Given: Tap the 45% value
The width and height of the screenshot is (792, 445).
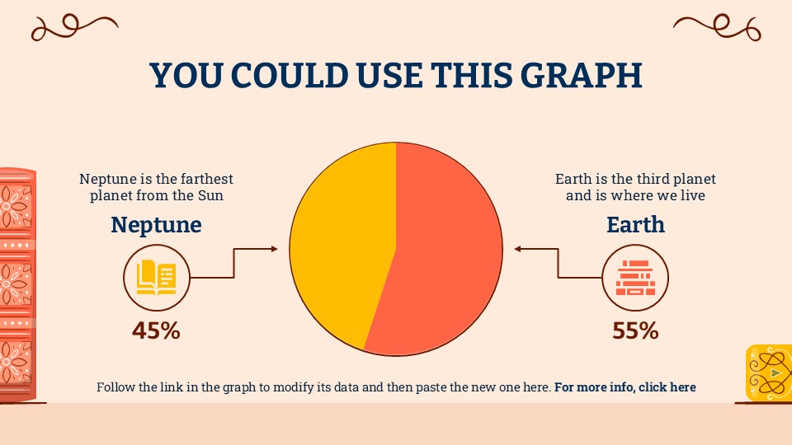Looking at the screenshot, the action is point(156,331).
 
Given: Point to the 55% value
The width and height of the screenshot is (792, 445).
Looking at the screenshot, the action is point(635,331).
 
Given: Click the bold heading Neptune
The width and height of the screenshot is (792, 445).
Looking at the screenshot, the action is point(156,224).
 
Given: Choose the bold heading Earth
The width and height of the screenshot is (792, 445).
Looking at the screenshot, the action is point(635,224).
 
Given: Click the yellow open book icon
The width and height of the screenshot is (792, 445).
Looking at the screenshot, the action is point(157,278).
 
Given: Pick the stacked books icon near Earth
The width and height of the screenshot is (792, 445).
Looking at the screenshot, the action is point(635,278).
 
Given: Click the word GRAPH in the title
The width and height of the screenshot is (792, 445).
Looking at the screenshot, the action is point(581,75).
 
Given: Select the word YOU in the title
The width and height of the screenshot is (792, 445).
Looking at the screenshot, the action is point(186,75).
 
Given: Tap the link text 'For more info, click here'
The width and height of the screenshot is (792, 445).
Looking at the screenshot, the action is point(625,387).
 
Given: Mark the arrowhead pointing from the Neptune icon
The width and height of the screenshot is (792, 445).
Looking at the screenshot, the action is point(274,249).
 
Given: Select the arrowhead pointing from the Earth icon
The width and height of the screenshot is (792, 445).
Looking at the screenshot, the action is point(518,249).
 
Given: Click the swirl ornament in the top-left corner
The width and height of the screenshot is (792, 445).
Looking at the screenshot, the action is point(75,27).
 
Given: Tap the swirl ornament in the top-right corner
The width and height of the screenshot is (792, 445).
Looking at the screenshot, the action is point(717,27).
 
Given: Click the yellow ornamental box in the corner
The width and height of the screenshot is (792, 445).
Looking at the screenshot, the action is point(769,372).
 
